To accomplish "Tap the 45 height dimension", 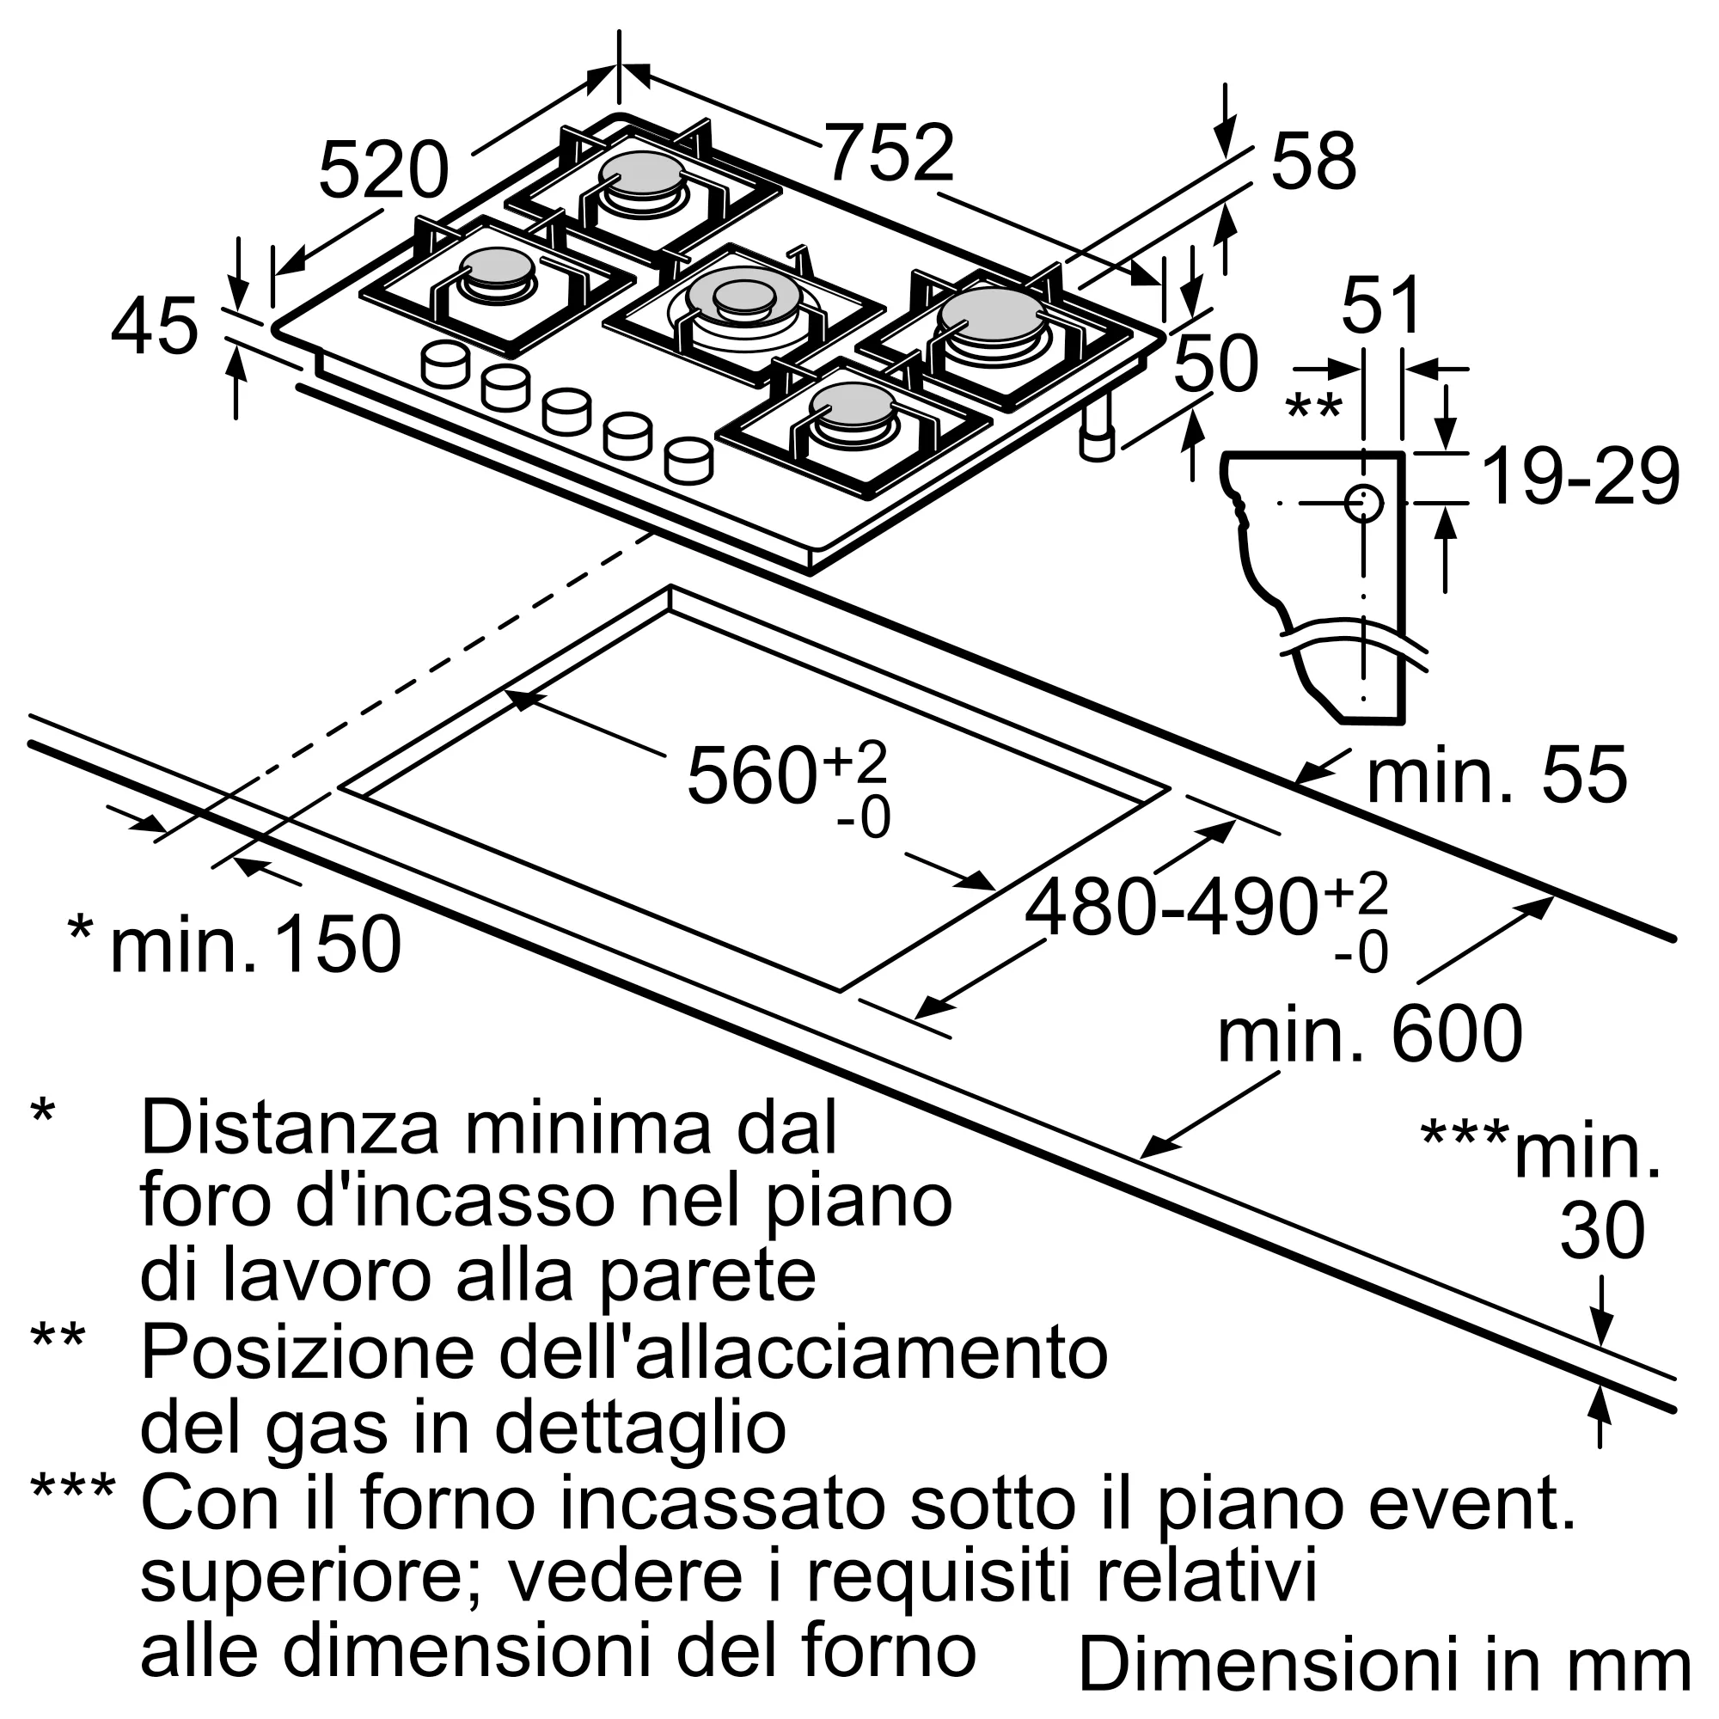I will click(x=155, y=327).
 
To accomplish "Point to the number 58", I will click(x=1313, y=162).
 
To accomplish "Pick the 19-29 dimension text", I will click(x=1581, y=479).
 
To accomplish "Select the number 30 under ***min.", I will click(x=1601, y=1233).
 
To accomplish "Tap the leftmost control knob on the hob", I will click(x=445, y=364).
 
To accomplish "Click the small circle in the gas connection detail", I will click(x=1362, y=504).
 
